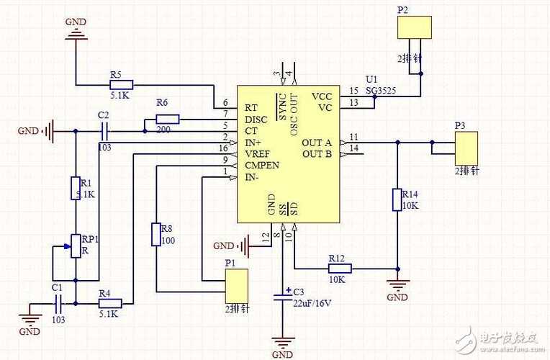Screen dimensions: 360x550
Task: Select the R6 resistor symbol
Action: pyautogui.click(x=167, y=119)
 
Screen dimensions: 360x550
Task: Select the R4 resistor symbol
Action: pyautogui.click(x=110, y=304)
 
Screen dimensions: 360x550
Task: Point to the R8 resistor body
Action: pyautogui.click(x=155, y=235)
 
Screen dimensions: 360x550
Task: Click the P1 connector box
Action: pyautogui.click(x=237, y=286)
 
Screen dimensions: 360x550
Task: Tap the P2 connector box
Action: pyautogui.click(x=415, y=27)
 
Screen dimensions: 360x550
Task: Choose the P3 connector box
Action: pyautogui.click(x=466, y=148)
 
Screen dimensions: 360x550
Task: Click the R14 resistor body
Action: pyautogui.click(x=397, y=199)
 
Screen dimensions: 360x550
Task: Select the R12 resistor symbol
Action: pyautogui.click(x=339, y=269)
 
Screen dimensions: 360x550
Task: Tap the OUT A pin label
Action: pyautogui.click(x=317, y=142)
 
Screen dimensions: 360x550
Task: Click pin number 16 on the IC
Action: pyautogui.click(x=225, y=147)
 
